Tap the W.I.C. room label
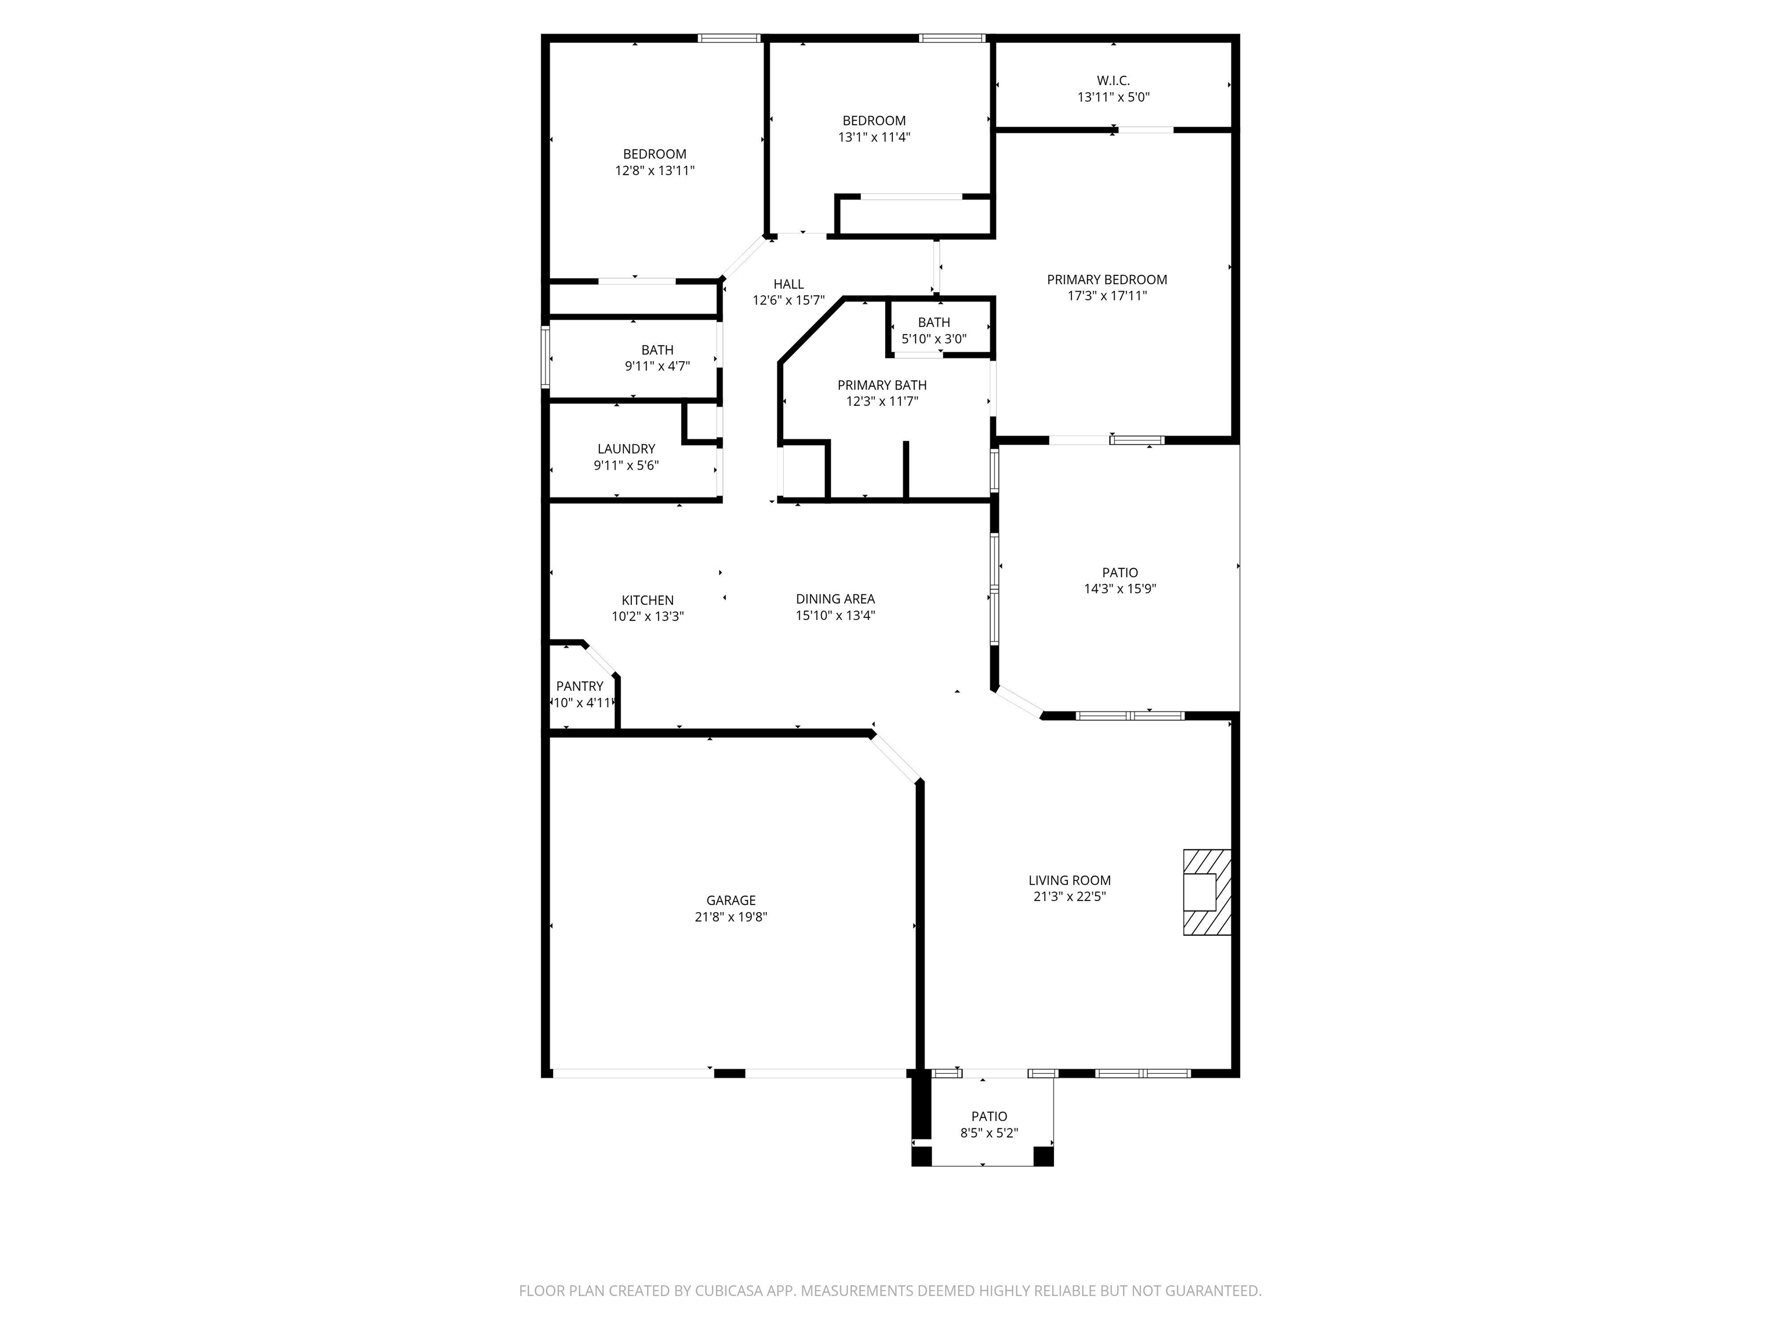point(1114,81)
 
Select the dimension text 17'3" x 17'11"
point(1107,296)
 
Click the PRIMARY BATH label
point(882,385)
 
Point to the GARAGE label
point(731,901)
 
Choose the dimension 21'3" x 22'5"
point(1069,896)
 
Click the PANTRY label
point(580,686)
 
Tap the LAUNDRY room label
point(626,449)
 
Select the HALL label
point(788,284)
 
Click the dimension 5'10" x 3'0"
point(934,339)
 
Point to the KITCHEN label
point(648,600)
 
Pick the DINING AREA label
point(835,598)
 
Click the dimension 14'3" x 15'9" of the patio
point(1120,589)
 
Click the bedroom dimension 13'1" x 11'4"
point(874,137)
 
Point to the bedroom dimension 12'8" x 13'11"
point(655,170)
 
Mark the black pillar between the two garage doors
point(729,1073)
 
